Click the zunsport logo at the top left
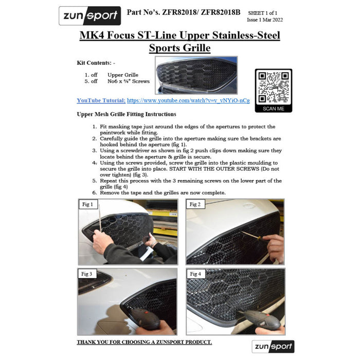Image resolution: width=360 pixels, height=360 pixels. click(x=90, y=15)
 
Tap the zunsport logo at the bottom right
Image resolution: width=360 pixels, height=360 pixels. click(x=273, y=347)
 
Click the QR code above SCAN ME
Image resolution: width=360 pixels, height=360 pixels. click(x=274, y=87)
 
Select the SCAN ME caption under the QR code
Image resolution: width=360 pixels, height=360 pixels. click(x=274, y=109)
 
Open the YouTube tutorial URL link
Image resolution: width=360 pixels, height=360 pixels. click(x=188, y=100)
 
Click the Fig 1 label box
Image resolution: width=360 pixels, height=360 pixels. click(x=88, y=204)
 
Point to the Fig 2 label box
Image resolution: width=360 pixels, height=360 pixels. click(x=195, y=204)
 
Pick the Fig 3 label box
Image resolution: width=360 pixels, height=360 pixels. click(x=86, y=274)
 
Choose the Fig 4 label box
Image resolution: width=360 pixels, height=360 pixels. click(x=195, y=274)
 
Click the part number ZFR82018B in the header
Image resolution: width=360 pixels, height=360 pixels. click(x=221, y=12)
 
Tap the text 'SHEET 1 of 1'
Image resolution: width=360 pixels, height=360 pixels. click(x=262, y=13)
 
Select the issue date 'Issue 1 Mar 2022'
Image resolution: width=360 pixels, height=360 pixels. click(x=265, y=20)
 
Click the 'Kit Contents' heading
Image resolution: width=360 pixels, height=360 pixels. click(x=96, y=63)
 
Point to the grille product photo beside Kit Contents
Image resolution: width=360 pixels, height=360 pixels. click(x=196, y=75)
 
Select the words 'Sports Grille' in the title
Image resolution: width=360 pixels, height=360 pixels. click(x=180, y=48)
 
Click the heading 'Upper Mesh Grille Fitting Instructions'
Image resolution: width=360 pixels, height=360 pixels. click(x=127, y=114)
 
